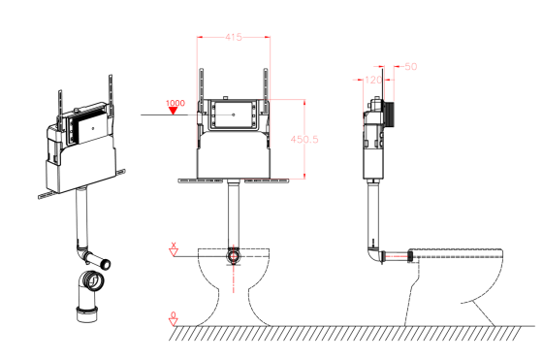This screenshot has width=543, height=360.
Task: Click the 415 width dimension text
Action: click(x=233, y=36)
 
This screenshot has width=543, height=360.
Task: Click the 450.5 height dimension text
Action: click(x=305, y=139)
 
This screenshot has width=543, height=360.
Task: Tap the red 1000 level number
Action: click(x=176, y=103)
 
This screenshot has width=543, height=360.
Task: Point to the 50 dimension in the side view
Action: click(x=409, y=68)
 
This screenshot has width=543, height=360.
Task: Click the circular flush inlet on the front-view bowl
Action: click(x=233, y=256)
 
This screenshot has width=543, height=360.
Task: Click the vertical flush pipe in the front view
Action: click(x=233, y=213)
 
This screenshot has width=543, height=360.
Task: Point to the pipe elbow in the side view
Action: click(x=373, y=254)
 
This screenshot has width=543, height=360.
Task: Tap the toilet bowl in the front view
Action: click(x=233, y=291)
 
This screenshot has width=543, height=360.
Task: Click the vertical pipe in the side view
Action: click(x=371, y=213)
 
